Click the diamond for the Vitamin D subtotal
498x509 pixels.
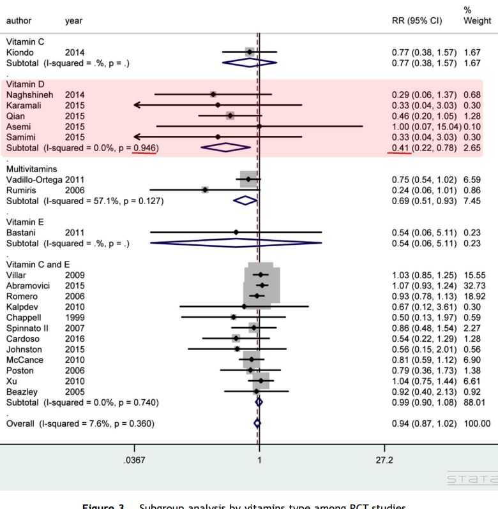pos(225,147)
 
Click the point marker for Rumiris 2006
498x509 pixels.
pos(205,189)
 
